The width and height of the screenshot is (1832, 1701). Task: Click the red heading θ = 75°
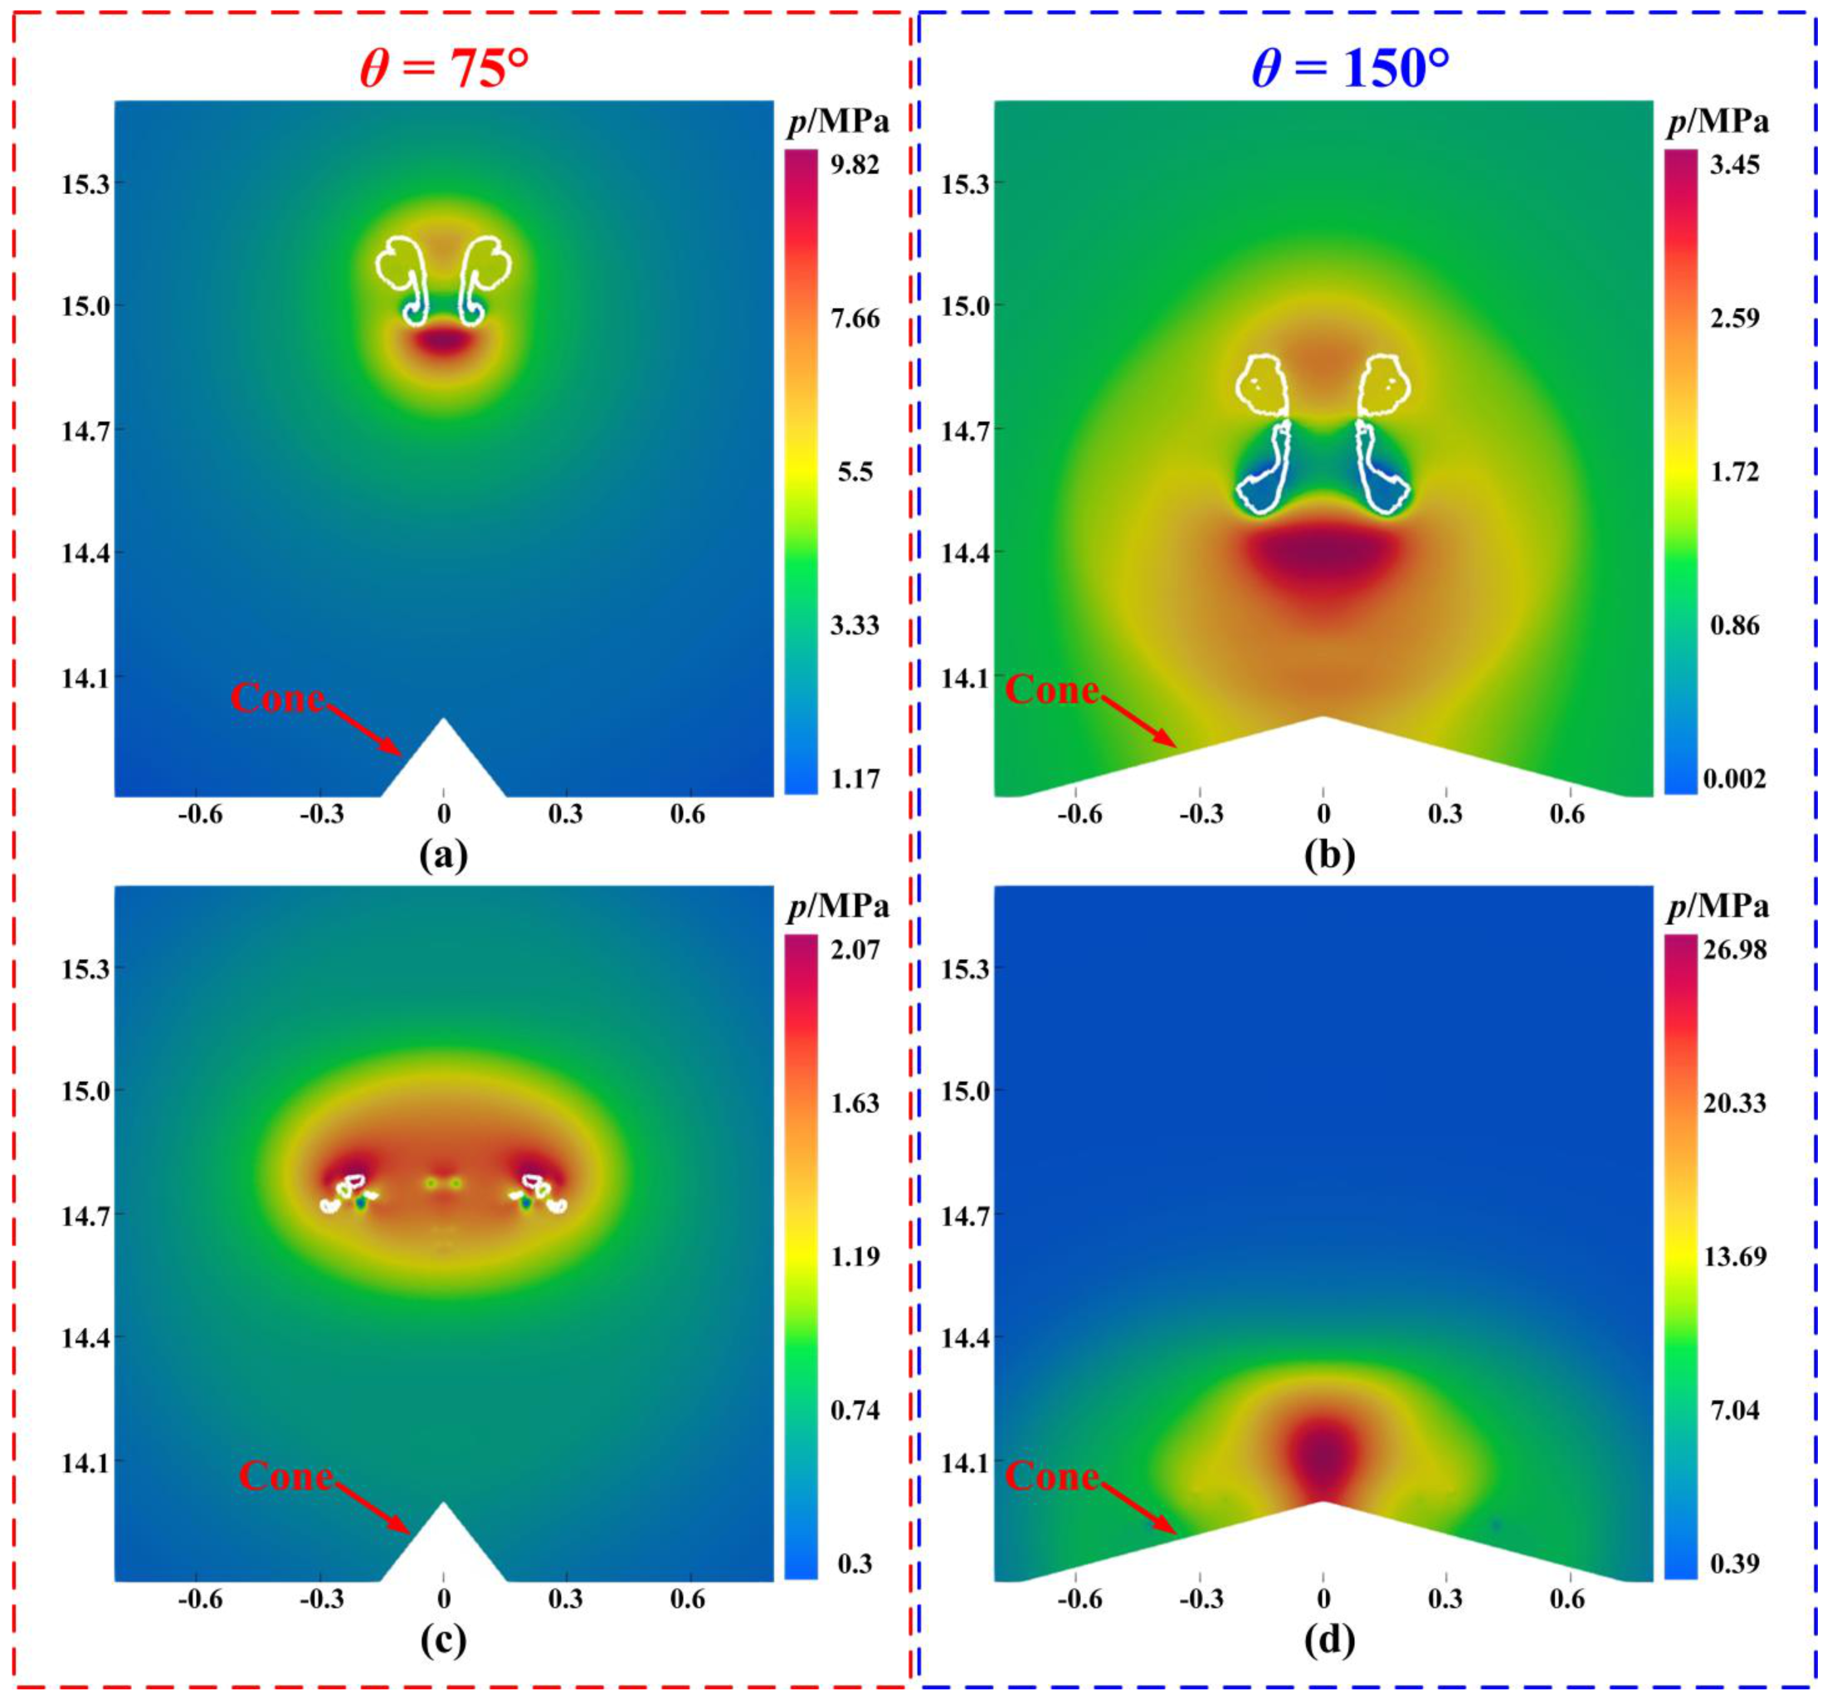[444, 67]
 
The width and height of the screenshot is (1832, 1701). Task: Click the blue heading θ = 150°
[1351, 67]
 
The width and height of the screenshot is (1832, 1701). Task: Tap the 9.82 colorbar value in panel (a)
[855, 165]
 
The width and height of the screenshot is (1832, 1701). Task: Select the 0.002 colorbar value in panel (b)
[1733, 778]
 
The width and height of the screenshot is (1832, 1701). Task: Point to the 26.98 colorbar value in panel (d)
[1734, 949]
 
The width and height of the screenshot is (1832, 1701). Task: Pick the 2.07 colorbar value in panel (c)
[855, 949]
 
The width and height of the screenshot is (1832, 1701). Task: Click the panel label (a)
[443, 855]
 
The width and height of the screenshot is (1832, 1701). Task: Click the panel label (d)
[1328, 1640]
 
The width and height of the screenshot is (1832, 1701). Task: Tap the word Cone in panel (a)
[277, 698]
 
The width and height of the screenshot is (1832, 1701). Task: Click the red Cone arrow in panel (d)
[1140, 1508]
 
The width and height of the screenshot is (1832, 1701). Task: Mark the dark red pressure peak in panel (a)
[444, 340]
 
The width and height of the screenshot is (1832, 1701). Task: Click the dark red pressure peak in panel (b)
[1323, 554]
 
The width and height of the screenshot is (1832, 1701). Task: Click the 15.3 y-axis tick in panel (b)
[963, 184]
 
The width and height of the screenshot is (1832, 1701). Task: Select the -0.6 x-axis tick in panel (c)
[200, 1599]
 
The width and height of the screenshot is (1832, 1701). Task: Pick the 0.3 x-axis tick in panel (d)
[1445, 1599]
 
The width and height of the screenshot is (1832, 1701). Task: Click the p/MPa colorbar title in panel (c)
[838, 908]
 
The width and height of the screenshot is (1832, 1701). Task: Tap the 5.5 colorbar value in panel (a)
[855, 472]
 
